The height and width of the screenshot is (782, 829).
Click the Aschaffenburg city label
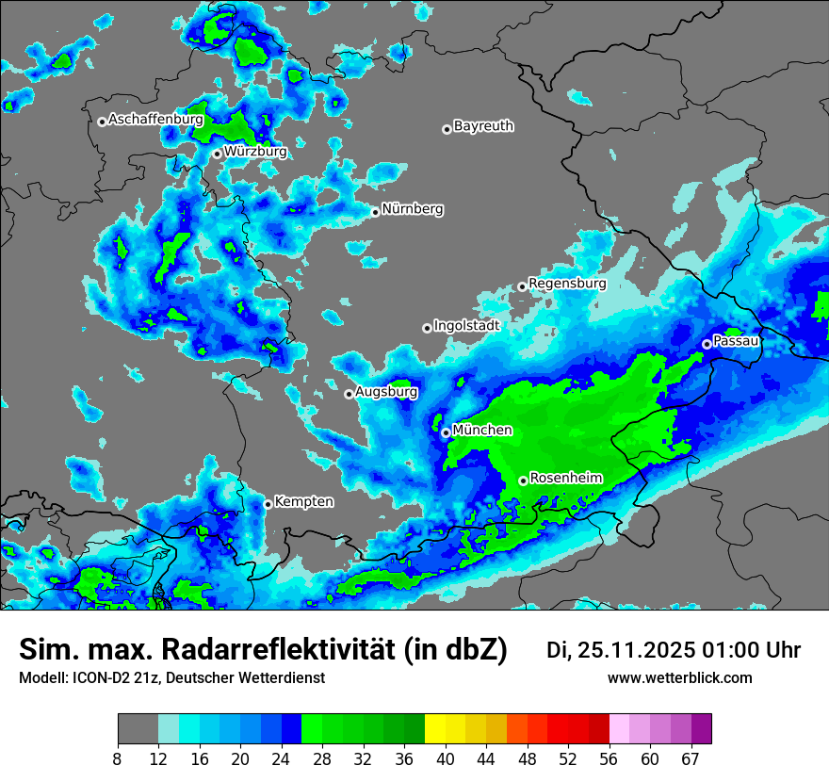pos(155,120)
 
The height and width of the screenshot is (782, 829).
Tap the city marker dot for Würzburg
pos(217,154)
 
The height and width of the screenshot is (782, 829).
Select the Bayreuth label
pos(483,125)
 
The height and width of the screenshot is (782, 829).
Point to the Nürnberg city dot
pos(375,212)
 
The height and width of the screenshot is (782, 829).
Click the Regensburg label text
pos(567,283)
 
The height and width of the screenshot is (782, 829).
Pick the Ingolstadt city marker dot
pos(427,328)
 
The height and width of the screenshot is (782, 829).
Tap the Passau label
pos(736,340)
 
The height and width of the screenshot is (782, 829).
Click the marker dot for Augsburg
pos(349,394)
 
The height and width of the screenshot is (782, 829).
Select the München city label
pos(482,430)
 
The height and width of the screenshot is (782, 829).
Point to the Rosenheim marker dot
pos(523,481)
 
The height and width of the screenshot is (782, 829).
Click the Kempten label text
pos(304,501)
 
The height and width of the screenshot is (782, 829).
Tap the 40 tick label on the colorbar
pos(445,759)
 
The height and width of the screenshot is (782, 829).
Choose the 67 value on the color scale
pos(691,759)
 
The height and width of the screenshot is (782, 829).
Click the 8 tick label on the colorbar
pos(118,759)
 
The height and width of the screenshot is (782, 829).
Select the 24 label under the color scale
pos(281,759)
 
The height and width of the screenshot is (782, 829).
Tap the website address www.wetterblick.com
pos(679,677)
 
